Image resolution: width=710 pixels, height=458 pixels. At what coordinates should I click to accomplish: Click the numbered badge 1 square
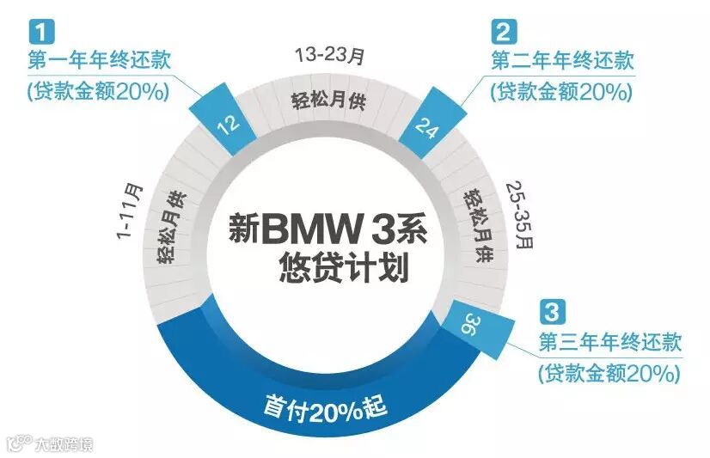tap(37, 32)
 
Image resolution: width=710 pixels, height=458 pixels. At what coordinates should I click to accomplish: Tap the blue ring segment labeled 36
tap(469, 326)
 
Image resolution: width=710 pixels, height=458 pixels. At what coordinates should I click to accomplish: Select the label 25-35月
tap(520, 214)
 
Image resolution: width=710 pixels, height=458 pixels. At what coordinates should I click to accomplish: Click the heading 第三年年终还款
tap(609, 342)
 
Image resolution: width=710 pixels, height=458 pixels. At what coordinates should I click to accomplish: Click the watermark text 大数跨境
tap(62, 444)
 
